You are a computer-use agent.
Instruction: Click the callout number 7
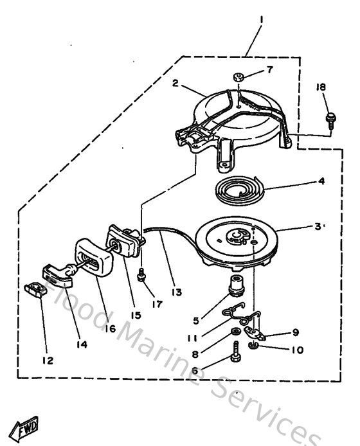click(x=269, y=69)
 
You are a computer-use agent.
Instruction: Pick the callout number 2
click(x=174, y=82)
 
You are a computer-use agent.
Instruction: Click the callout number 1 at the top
click(x=261, y=20)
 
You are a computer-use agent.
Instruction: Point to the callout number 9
click(x=296, y=333)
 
